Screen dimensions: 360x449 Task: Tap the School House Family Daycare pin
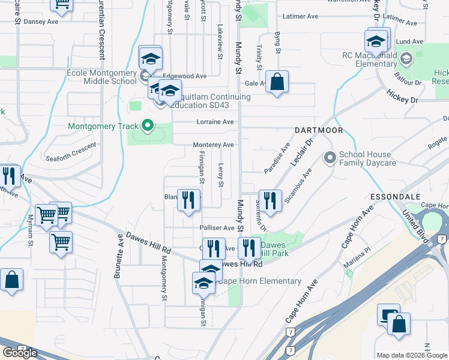[330, 158]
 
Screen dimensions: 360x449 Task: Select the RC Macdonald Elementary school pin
[406, 58]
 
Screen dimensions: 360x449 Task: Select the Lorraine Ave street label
[215, 122]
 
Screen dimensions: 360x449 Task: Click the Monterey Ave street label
[213, 145]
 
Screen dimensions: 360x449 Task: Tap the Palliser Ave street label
[217, 228]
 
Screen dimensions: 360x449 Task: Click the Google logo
[20, 353]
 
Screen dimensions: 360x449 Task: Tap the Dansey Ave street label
[41, 22]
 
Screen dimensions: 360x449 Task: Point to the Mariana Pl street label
[358, 253]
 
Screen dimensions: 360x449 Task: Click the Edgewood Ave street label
[184, 76]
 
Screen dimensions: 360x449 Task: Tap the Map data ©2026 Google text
[411, 355]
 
